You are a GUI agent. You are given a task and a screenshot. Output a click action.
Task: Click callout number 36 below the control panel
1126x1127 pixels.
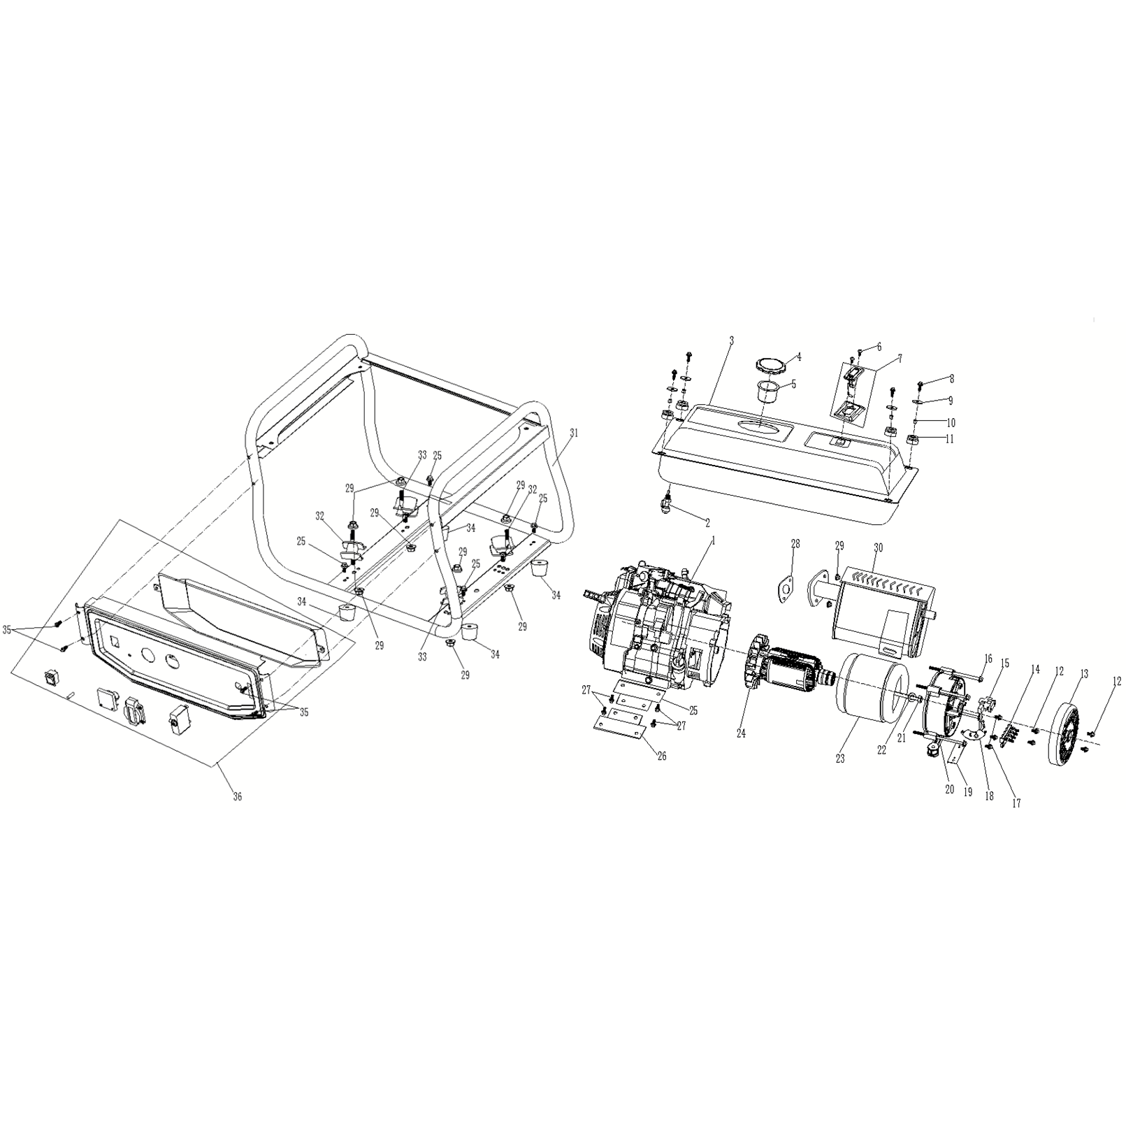tap(238, 796)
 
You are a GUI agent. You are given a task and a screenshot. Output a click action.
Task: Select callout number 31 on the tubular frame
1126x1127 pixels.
tap(574, 433)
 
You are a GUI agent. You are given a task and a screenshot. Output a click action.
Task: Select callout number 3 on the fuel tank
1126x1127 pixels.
tap(731, 340)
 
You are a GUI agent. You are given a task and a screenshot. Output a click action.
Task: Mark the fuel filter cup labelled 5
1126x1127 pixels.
tap(770, 393)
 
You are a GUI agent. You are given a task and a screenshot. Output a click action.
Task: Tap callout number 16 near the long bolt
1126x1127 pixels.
tap(988, 658)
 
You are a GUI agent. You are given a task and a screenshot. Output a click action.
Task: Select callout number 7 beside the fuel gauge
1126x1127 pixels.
tap(900, 357)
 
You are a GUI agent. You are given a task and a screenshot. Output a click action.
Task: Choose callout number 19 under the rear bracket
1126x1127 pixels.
tap(968, 792)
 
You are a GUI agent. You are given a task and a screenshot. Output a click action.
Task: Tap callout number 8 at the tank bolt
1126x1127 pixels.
tap(950, 378)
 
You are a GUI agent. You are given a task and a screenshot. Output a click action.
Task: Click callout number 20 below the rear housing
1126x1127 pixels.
tap(948, 789)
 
